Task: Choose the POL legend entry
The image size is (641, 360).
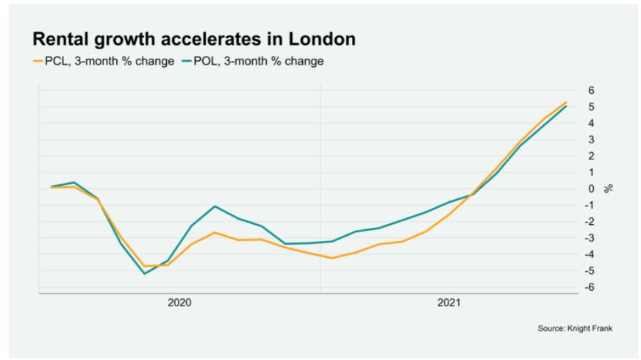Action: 254,61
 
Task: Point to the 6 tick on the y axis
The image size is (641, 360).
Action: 591,90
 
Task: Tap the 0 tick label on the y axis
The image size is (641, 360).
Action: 591,189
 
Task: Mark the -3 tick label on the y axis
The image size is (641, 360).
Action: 589,238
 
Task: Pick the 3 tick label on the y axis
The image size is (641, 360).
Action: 591,140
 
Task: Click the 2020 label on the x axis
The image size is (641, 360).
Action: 179,302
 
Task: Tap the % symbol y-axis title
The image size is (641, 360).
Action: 608,189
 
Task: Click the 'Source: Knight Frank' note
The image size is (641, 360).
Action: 575,328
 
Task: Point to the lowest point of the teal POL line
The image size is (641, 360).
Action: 144,273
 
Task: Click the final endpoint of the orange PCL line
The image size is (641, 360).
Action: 566,102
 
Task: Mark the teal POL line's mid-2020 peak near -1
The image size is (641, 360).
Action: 214,206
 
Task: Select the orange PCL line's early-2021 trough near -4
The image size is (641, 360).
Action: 332,258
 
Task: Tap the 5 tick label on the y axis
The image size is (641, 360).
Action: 591,107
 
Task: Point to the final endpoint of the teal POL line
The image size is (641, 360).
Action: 566,107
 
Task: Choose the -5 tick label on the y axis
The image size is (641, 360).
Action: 589,271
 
